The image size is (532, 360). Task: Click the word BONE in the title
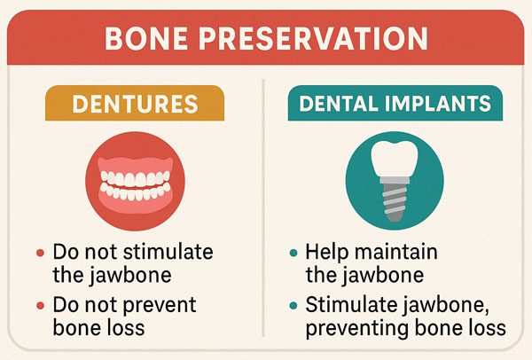pos(146,38)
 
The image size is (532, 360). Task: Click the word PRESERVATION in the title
pos(313,38)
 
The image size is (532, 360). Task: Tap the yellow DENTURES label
pos(135,103)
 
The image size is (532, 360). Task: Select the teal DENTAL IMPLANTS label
pos(395,103)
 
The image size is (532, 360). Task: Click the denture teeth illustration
pos(135,185)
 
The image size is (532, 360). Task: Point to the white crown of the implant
pos(395,158)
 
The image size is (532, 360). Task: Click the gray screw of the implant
pos(395,200)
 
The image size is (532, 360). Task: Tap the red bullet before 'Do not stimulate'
pos(41,253)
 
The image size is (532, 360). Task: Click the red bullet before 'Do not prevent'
pos(41,305)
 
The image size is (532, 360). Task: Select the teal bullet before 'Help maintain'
pos(293,253)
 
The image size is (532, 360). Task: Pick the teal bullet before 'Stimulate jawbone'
pos(293,305)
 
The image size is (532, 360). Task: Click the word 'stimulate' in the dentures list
pos(168,252)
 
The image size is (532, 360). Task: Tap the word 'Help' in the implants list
pos(327,253)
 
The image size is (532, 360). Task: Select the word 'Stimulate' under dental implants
pos(351,304)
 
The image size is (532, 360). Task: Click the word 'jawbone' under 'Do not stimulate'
pos(130,276)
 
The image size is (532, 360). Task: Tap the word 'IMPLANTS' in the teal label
pos(438,103)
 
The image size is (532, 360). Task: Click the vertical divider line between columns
pos(263,207)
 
